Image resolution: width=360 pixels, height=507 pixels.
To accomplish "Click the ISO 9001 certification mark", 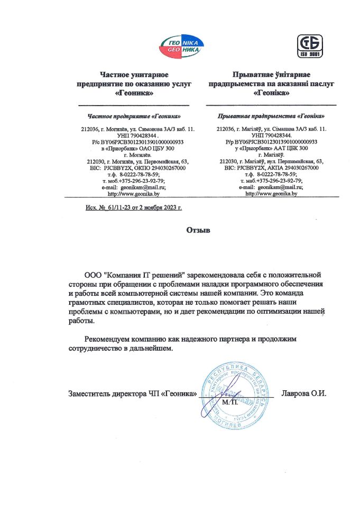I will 309,45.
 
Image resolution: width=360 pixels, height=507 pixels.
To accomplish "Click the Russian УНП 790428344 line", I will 139,135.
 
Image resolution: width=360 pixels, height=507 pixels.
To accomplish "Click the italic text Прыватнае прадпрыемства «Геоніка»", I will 271,116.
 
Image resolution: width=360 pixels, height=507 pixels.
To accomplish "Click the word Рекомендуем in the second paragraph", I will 110,339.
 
